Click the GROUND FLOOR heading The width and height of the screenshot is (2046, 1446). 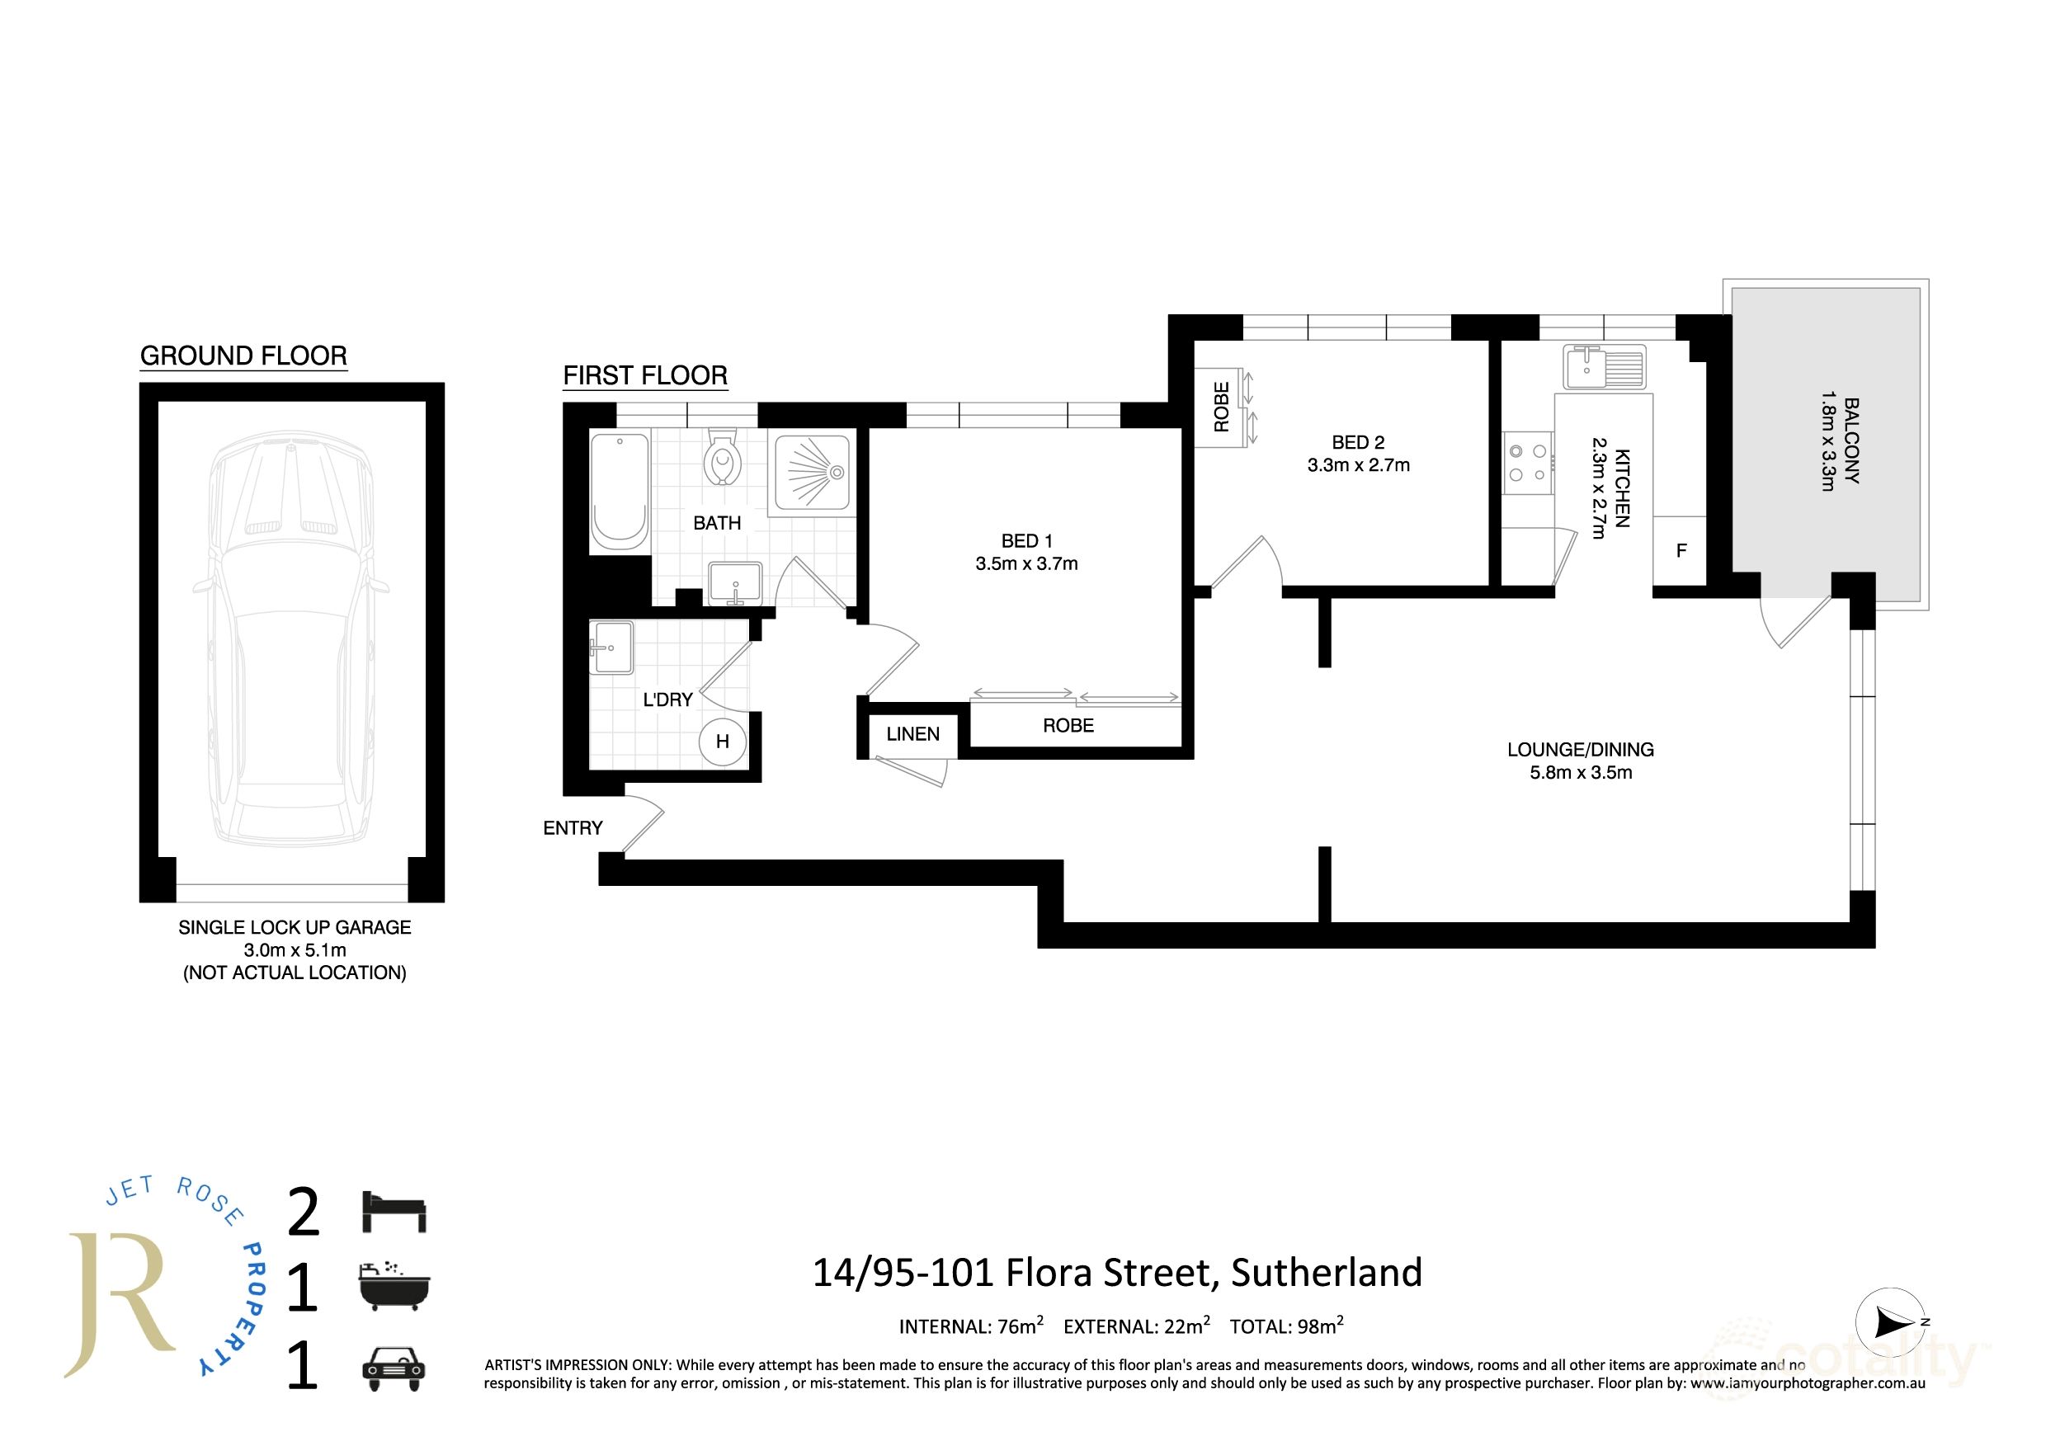click(x=243, y=356)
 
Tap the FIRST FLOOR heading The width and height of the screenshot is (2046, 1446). click(x=645, y=375)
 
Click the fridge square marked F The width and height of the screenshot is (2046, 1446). click(x=1681, y=551)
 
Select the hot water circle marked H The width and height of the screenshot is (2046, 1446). click(x=722, y=741)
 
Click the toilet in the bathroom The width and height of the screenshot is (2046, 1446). click(x=723, y=458)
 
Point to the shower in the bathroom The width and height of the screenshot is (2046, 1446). click(x=811, y=472)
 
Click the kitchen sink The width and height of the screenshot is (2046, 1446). click(x=1604, y=368)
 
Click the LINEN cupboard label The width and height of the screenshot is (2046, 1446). click(x=912, y=734)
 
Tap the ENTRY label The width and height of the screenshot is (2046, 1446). click(x=573, y=827)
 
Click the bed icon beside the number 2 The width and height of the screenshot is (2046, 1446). click(x=394, y=1212)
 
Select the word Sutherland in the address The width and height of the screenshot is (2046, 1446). click(x=1326, y=1272)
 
